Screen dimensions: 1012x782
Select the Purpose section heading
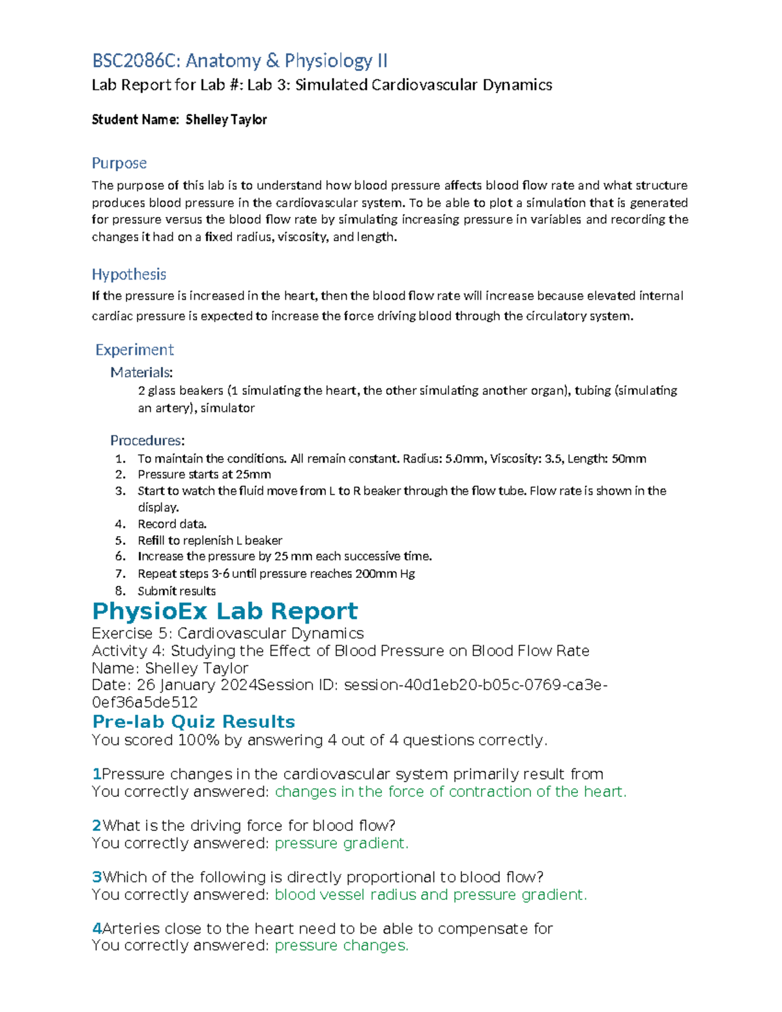click(119, 163)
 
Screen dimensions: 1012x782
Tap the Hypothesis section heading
click(128, 274)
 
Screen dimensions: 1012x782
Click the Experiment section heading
click(134, 350)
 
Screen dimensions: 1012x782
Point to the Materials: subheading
click(141, 373)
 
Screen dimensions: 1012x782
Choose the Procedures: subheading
click(147, 441)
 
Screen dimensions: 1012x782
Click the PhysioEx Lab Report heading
click(225, 611)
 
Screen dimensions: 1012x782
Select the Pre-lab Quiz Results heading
click(194, 722)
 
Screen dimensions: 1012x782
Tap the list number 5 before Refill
click(120, 541)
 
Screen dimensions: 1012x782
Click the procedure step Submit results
click(177, 591)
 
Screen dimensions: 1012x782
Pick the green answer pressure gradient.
click(341, 843)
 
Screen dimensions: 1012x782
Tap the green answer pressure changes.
click(341, 946)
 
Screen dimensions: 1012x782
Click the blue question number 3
click(97, 877)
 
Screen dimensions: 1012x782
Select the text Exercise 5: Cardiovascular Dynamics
click(227, 633)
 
